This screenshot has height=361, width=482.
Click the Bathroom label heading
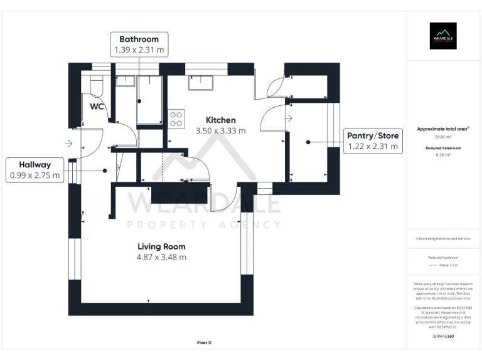(139, 39)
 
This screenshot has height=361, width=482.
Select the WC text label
(97, 107)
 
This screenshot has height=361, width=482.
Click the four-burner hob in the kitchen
(176, 118)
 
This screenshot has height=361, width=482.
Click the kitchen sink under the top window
(202, 80)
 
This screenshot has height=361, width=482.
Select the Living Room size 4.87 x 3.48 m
(161, 257)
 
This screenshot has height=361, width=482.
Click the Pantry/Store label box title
(373, 135)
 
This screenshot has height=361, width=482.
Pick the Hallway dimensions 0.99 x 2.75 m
(35, 176)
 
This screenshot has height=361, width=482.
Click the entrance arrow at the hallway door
(68, 144)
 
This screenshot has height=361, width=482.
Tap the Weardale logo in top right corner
(442, 36)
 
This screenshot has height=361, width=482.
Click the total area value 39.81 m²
(443, 137)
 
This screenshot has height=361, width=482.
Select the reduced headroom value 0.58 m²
(443, 155)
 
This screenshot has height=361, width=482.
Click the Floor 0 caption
(205, 343)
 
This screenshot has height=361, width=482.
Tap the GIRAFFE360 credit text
(443, 337)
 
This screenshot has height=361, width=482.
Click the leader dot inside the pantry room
(309, 143)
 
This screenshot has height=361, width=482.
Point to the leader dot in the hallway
(105, 170)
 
